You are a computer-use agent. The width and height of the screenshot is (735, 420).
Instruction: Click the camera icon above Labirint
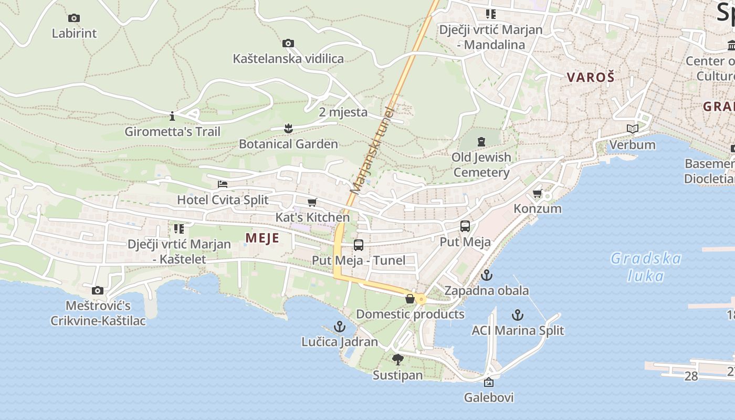[74, 18]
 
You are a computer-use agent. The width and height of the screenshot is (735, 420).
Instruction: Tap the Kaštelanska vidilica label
[288, 58]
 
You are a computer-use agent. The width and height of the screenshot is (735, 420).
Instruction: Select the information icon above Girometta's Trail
[172, 116]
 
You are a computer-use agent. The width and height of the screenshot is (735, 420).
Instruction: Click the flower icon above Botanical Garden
[288, 128]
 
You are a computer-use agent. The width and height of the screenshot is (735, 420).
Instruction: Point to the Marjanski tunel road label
[373, 150]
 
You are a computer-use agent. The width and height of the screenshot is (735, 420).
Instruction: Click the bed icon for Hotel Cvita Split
[223, 184]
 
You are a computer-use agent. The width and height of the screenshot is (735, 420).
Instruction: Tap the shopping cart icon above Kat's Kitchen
[312, 202]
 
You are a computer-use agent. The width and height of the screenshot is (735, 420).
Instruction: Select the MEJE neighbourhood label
[262, 238]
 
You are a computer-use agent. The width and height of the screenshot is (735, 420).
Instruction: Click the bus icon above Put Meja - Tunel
[359, 245]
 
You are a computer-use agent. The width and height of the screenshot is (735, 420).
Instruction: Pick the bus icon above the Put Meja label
[465, 226]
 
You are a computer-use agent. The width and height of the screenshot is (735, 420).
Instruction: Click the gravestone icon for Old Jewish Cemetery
[481, 141]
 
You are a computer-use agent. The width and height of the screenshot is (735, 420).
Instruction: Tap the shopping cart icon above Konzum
[537, 193]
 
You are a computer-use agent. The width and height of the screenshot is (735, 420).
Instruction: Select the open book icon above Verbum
[632, 129]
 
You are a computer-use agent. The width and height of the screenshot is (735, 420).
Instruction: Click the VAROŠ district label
[590, 77]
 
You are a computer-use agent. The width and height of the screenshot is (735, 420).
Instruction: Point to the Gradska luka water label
[646, 267]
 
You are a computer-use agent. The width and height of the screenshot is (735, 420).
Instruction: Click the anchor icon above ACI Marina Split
[518, 315]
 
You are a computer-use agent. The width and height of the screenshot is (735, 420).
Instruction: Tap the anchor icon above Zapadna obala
[487, 275]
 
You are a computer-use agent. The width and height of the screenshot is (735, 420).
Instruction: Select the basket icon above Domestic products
[410, 299]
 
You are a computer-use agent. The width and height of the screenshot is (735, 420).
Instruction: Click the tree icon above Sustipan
[398, 360]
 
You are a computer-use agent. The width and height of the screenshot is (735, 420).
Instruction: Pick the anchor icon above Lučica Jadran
[340, 327]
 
